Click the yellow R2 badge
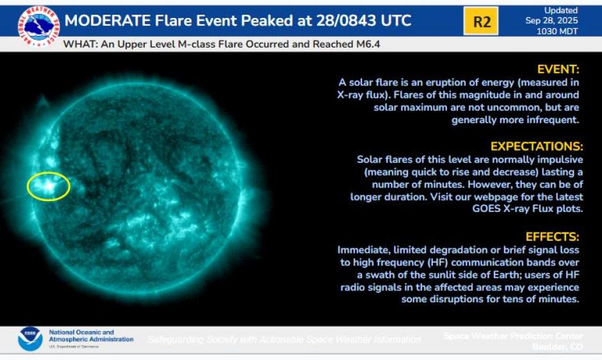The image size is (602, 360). click(x=481, y=22)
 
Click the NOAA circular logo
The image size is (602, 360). click(x=30, y=338)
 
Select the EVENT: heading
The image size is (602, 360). click(x=558, y=69)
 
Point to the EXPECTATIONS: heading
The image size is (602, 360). click(x=537, y=147)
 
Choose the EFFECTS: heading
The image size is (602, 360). click(x=552, y=236)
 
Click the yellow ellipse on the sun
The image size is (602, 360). click(x=49, y=186)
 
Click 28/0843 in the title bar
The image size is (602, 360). click(x=348, y=21)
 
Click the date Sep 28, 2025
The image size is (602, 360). click(x=560, y=20)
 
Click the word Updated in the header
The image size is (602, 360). click(x=560, y=10)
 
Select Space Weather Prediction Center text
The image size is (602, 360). click(x=513, y=336)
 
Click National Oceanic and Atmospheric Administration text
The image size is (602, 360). click(x=91, y=336)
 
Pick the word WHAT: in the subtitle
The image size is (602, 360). click(x=77, y=45)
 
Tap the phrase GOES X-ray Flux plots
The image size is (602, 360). click(x=530, y=208)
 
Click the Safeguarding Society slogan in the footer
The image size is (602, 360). click(x=284, y=340)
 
